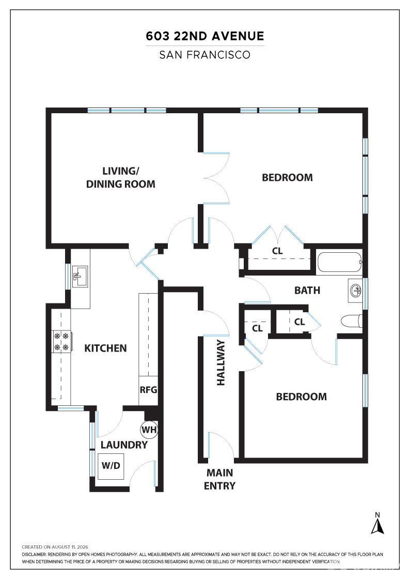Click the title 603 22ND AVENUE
click(205, 36)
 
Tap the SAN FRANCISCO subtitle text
click(204, 55)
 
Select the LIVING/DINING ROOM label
click(121, 178)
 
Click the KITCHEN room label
click(105, 348)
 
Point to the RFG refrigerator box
click(148, 390)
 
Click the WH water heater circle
click(149, 430)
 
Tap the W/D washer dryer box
click(111, 466)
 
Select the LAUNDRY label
click(124, 445)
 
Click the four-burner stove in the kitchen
click(62, 342)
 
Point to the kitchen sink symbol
click(80, 277)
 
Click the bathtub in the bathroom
click(339, 262)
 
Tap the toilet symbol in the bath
click(352, 321)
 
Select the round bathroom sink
click(355, 291)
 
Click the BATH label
click(307, 291)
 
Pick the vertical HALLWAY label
click(221, 362)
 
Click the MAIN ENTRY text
click(220, 479)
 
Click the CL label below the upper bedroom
click(277, 251)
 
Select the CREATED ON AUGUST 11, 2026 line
click(55, 547)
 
